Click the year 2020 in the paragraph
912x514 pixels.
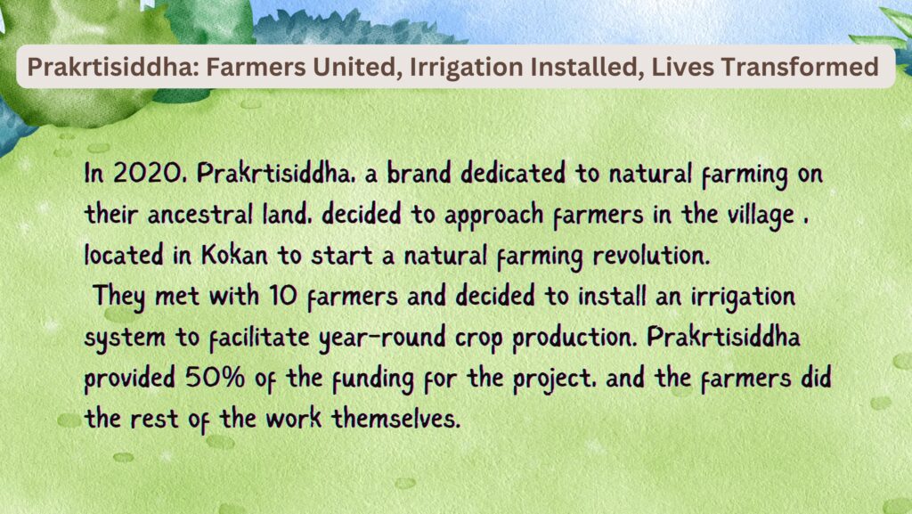149,173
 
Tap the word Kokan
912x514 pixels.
235,255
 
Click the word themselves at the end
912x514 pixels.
396,418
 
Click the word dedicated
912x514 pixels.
513,173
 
